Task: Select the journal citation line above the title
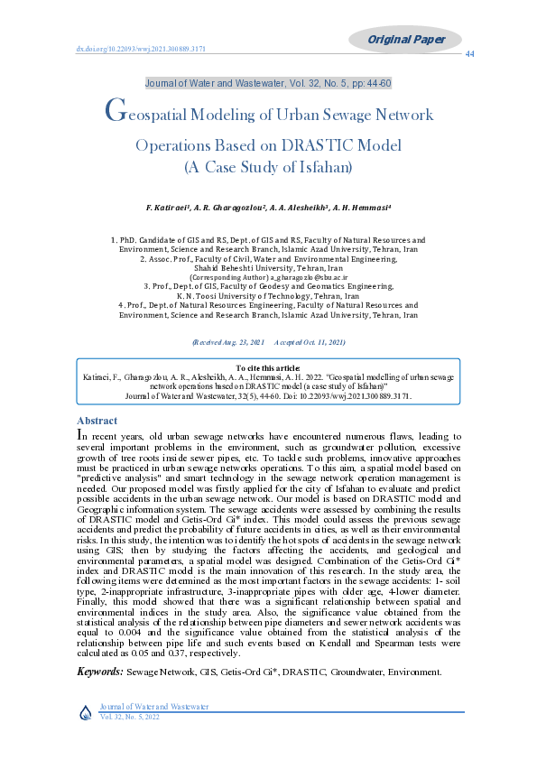point(268,84)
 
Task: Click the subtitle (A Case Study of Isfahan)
point(268,167)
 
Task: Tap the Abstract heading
point(97,421)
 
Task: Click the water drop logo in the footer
point(86,711)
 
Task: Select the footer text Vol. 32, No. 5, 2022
point(129,716)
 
